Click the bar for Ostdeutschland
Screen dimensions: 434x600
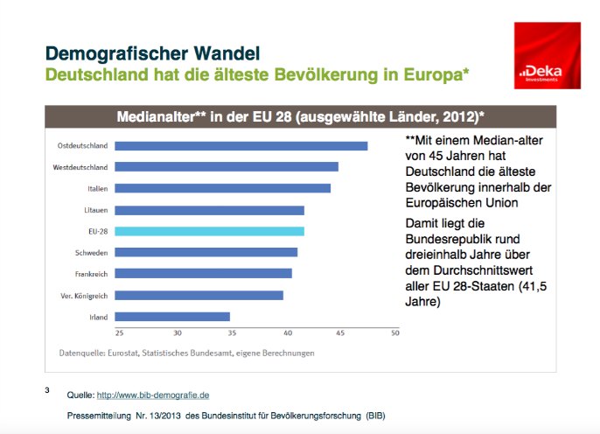tap(241, 145)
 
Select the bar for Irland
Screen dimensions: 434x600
tap(172, 317)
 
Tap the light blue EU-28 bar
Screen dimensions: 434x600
tap(210, 231)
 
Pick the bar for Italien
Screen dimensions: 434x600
tap(223, 188)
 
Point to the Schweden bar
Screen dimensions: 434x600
tap(206, 252)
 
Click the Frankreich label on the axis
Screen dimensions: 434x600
tap(90, 274)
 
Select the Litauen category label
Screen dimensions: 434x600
tap(94, 210)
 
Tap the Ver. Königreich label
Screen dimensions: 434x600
tap(83, 295)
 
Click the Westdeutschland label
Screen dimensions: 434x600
tap(79, 167)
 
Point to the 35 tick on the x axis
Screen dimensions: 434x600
tap(232, 333)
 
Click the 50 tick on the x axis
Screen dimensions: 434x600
tap(394, 333)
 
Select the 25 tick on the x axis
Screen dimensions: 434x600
tap(119, 333)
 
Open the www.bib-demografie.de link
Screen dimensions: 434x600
tap(152, 395)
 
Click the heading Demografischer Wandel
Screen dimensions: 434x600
tap(152, 53)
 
